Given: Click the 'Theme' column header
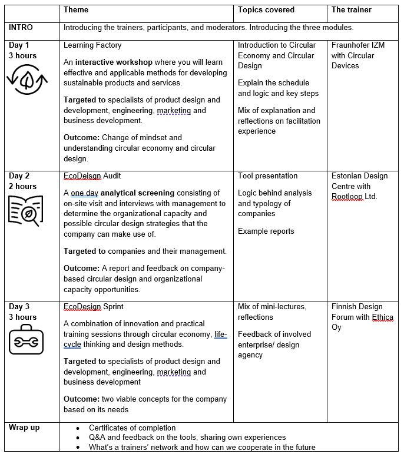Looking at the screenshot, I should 76,10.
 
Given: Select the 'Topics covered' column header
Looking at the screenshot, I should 266,10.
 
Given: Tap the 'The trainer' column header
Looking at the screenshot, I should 352,10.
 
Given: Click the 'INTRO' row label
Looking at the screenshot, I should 21,28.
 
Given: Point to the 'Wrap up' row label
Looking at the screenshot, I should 24,428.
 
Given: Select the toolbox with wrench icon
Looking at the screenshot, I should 26,340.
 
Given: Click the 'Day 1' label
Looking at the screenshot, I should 19,45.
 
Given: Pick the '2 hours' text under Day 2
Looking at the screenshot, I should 22,187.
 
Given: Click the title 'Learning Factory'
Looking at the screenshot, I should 92,45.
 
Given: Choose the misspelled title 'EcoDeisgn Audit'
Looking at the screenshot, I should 92,176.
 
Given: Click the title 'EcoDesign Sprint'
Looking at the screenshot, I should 93,307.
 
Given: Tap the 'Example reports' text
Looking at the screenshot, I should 266,231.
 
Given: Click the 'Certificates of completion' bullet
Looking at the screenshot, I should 132,428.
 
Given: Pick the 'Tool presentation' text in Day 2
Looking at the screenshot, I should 268,176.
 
